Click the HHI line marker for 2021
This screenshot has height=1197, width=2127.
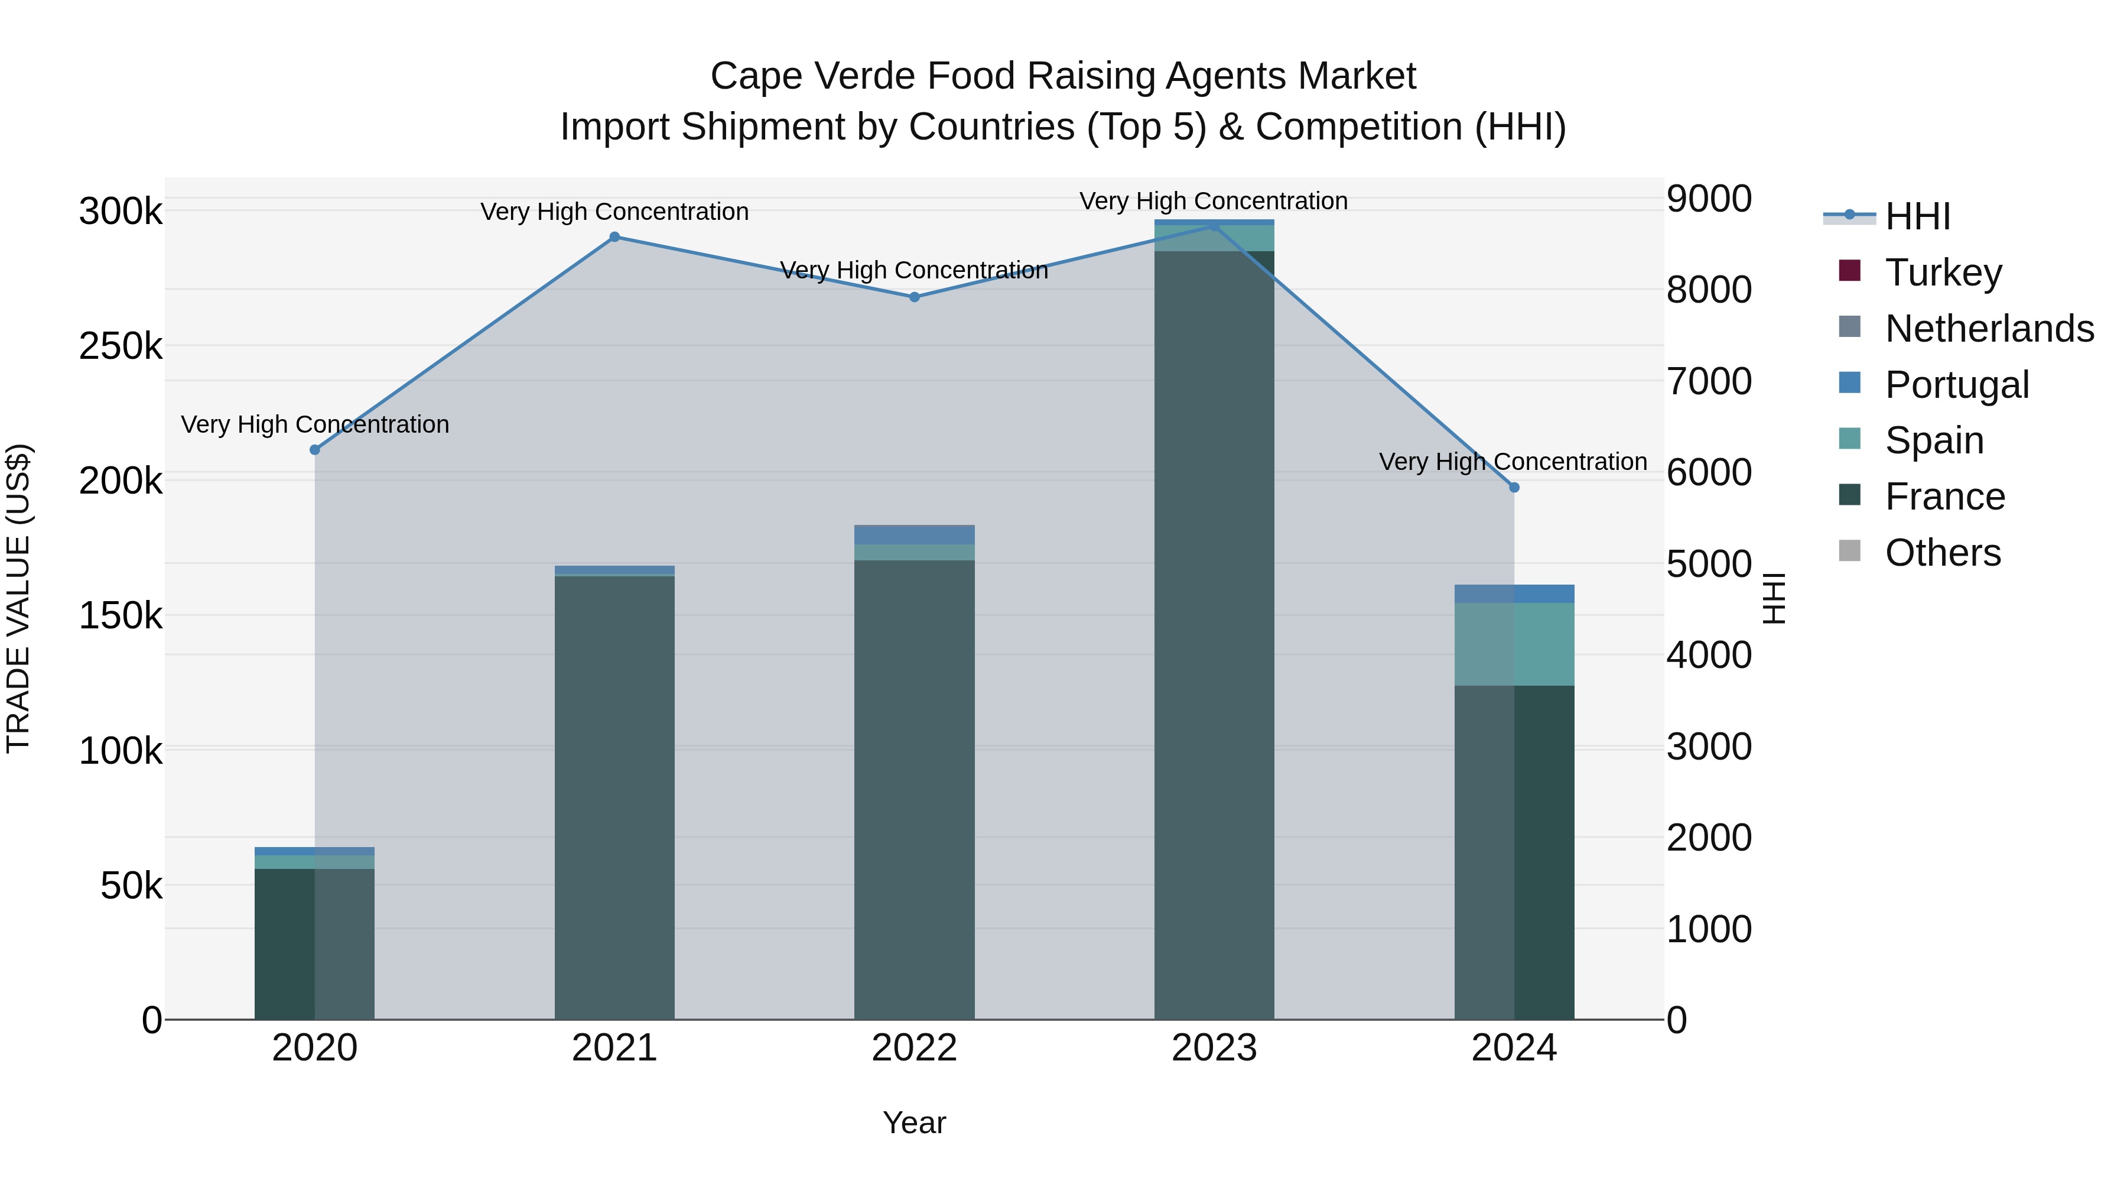pyautogui.click(x=614, y=237)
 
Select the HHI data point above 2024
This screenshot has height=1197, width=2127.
pyautogui.click(x=1514, y=488)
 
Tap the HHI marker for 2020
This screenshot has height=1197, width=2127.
pyautogui.click(x=314, y=449)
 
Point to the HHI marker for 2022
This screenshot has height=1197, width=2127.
pyautogui.click(x=914, y=297)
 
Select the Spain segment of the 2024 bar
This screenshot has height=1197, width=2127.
pyautogui.click(x=1514, y=644)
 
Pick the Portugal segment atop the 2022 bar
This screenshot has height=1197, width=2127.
pyautogui.click(x=914, y=534)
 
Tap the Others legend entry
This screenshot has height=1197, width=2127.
pyautogui.click(x=1942, y=552)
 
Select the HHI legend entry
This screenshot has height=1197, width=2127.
pyautogui.click(x=1917, y=216)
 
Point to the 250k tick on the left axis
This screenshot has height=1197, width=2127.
pyautogui.click(x=121, y=346)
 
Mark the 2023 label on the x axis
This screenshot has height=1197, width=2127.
pyautogui.click(x=1214, y=1047)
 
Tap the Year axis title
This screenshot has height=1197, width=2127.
pyautogui.click(x=914, y=1123)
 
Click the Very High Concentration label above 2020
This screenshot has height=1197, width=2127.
pyautogui.click(x=314, y=424)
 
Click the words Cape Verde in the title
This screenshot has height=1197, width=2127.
pyautogui.click(x=812, y=76)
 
